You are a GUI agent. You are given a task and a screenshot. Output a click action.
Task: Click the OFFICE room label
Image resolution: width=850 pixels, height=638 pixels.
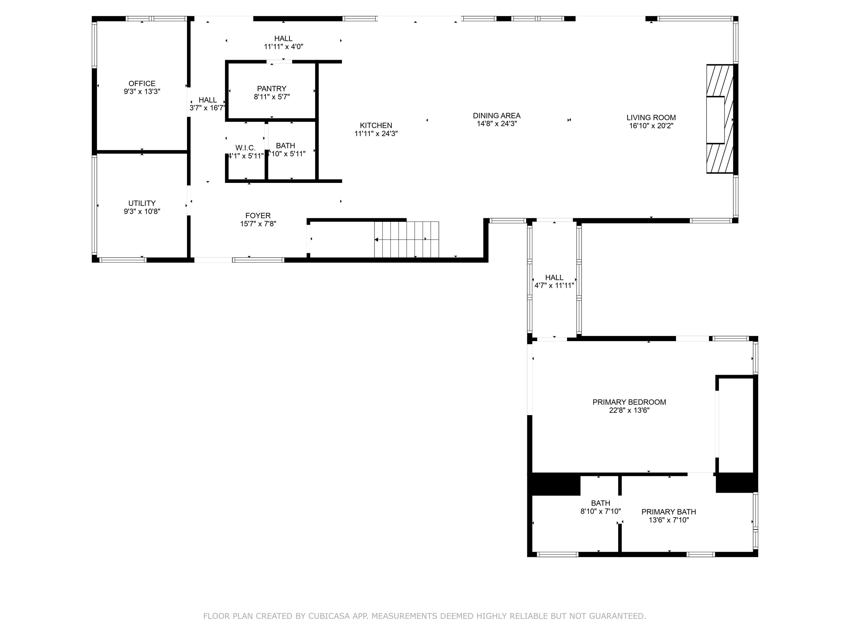142,83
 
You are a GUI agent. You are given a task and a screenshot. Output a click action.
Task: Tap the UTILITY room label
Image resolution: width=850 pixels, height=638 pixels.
142,203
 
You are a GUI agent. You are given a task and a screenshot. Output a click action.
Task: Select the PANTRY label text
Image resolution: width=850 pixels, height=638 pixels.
272,89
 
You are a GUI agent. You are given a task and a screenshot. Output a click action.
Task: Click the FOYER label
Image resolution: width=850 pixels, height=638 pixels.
258,216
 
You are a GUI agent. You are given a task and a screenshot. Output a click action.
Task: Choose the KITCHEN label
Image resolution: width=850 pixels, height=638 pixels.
376,125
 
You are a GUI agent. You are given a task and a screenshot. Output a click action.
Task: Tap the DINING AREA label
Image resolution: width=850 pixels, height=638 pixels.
496,115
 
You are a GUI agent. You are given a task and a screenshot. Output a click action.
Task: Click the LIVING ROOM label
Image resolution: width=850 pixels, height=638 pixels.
651,118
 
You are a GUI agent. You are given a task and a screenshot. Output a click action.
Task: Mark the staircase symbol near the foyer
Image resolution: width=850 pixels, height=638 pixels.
407,239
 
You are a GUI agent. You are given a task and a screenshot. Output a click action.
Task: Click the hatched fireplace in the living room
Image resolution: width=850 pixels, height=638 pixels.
719,119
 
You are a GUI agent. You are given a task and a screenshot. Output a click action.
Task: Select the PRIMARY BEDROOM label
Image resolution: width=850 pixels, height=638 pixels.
629,402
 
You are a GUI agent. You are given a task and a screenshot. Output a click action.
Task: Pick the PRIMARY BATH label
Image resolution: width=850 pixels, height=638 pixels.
669,512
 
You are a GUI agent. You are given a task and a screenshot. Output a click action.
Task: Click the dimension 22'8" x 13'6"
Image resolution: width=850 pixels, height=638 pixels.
629,410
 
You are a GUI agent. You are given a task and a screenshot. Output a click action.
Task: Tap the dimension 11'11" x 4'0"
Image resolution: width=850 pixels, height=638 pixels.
283,47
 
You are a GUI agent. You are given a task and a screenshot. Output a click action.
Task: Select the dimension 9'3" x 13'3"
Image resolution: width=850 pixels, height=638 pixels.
142,92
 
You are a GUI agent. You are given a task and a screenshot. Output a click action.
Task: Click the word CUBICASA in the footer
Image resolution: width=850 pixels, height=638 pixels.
329,616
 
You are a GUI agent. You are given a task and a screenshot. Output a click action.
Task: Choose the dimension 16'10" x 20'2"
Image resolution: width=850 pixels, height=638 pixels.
651,126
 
